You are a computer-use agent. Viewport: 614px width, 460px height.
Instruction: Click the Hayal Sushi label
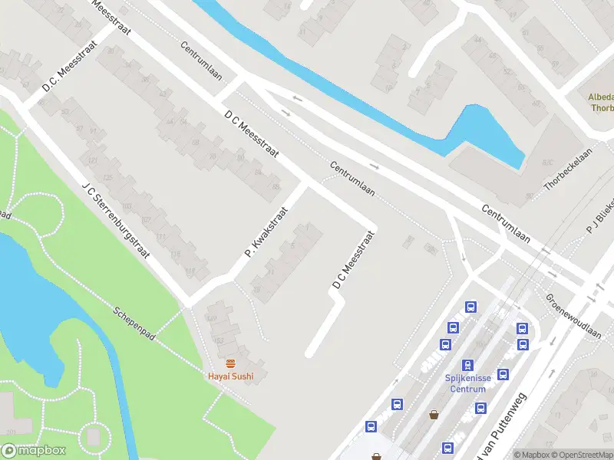coord(230,376)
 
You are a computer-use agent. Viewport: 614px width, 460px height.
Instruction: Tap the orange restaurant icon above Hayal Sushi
coord(229,362)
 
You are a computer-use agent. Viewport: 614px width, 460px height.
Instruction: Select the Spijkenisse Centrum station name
coord(467,383)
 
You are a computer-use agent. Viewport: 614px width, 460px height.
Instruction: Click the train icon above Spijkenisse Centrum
coord(467,365)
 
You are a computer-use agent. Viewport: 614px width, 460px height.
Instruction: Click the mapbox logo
coord(34,451)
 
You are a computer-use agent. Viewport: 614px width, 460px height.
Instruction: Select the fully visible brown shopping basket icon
coord(434,415)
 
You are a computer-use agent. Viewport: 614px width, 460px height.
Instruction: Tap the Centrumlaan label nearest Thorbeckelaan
coord(507,221)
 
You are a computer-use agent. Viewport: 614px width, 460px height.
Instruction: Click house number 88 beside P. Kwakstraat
coord(276,187)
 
